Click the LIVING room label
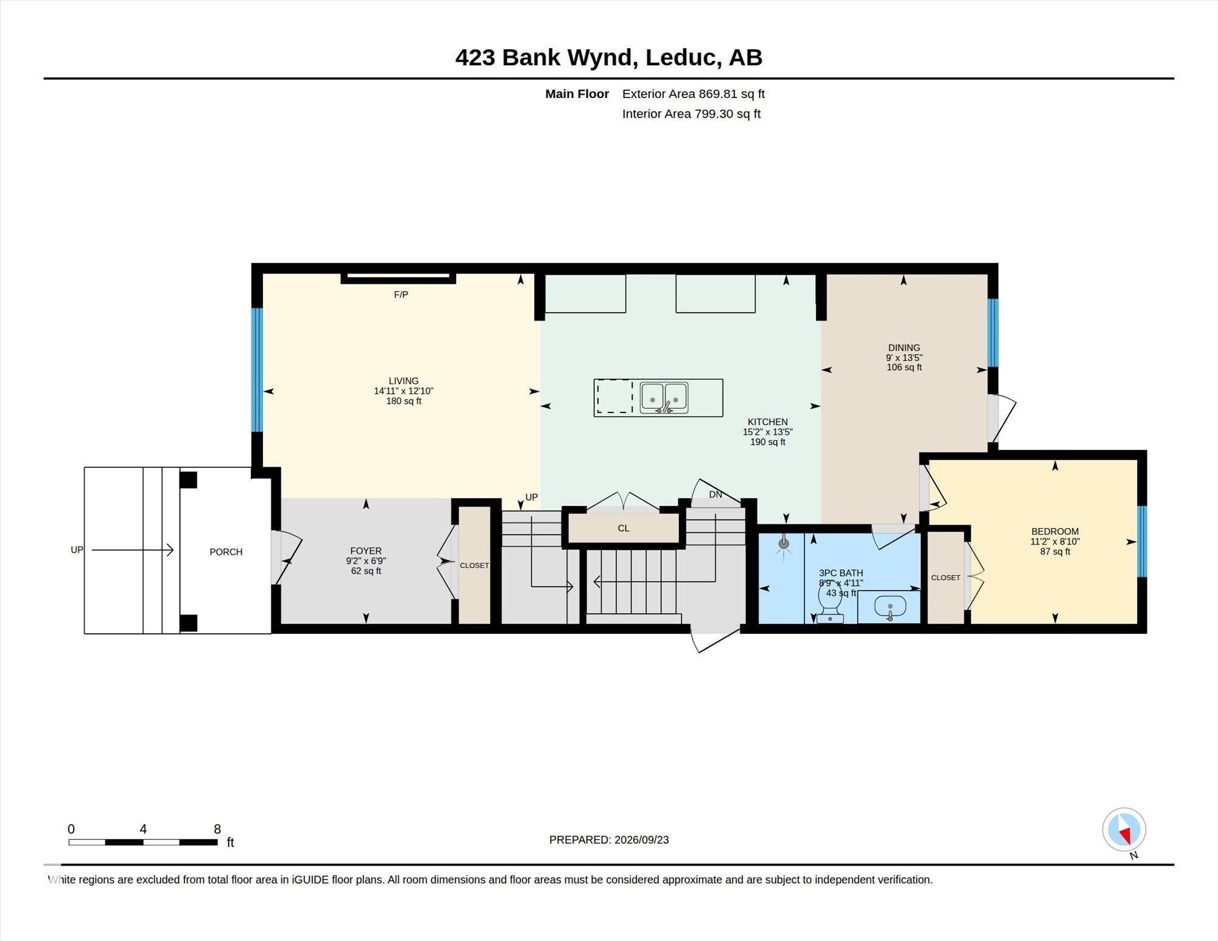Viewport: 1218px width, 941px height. pos(403,381)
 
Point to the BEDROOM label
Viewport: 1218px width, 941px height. pos(1055,531)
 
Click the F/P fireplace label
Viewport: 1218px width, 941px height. pos(401,295)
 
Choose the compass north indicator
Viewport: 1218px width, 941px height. pos(1124,831)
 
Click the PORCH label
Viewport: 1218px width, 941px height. pos(226,552)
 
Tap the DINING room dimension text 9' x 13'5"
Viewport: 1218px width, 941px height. pos(904,358)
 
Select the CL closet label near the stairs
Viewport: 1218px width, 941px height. pos(624,528)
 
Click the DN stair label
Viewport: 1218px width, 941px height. pos(716,495)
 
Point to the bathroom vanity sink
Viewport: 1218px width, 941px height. pos(890,607)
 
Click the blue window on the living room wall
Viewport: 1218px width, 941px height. pos(257,370)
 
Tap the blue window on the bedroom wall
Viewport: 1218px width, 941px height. pos(1142,541)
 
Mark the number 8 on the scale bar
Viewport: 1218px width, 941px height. pos(217,829)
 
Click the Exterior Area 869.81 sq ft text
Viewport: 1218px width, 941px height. pos(693,94)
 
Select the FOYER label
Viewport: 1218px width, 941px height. pos(365,551)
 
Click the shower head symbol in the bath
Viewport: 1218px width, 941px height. pos(784,544)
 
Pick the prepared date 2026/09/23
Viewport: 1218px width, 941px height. pos(642,840)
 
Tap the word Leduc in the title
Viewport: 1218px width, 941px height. pos(680,57)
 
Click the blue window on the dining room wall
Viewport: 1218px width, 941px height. pos(993,333)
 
